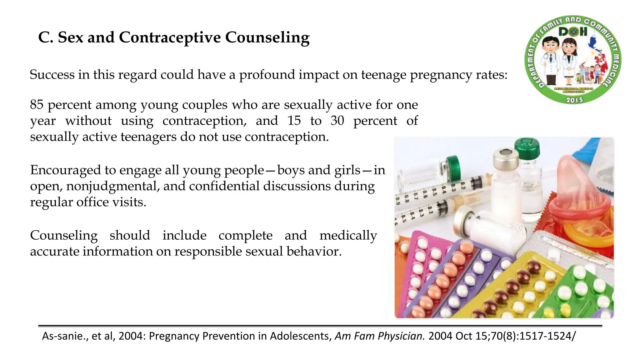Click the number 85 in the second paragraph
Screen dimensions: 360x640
(37, 104)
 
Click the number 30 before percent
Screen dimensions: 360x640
(337, 121)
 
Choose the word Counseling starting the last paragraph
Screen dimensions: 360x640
(64, 235)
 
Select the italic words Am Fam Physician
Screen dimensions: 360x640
(379, 336)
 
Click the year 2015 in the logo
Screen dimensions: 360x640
(574, 100)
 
